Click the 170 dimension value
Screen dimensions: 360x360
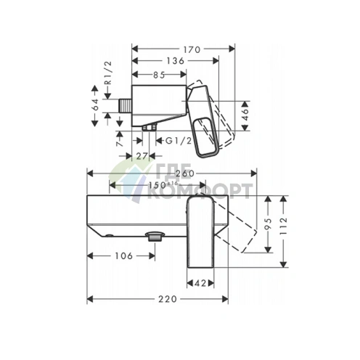point(192,49)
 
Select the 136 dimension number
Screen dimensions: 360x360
point(176,61)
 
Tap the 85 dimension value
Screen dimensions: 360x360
point(159,75)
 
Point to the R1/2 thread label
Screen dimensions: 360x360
point(108,73)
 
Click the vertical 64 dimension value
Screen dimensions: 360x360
point(96,105)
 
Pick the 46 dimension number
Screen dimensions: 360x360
point(245,115)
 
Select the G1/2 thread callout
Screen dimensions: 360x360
point(179,141)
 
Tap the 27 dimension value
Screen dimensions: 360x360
point(142,156)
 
